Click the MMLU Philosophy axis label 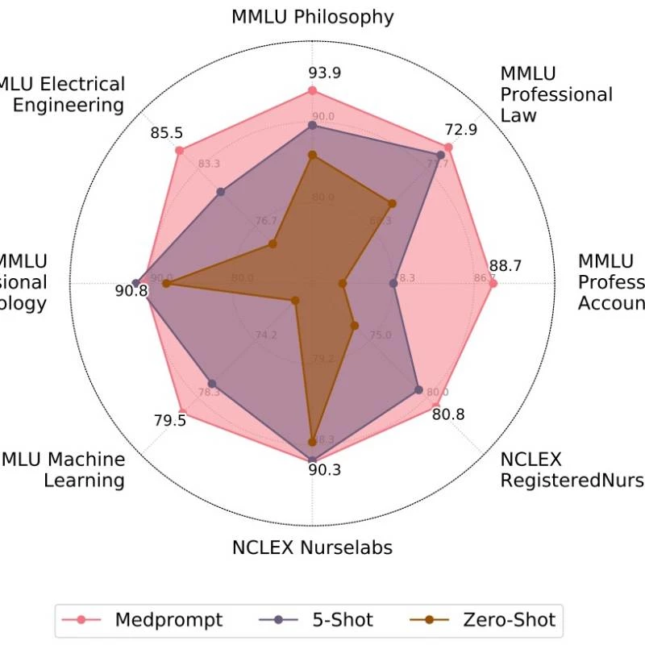pyautogui.click(x=312, y=16)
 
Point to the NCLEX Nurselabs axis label pyautogui.click(x=312, y=548)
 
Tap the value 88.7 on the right pyautogui.click(x=505, y=265)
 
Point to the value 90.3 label pyautogui.click(x=324, y=470)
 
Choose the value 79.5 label pyautogui.click(x=169, y=420)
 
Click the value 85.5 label pyautogui.click(x=166, y=131)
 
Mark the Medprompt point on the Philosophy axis pyautogui.click(x=313, y=92)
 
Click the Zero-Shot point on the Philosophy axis pyautogui.click(x=313, y=155)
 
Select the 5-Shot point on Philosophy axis pyautogui.click(x=313, y=126)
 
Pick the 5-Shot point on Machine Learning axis pyautogui.click(x=212, y=384)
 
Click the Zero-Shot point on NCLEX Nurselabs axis pyautogui.click(x=313, y=441)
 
